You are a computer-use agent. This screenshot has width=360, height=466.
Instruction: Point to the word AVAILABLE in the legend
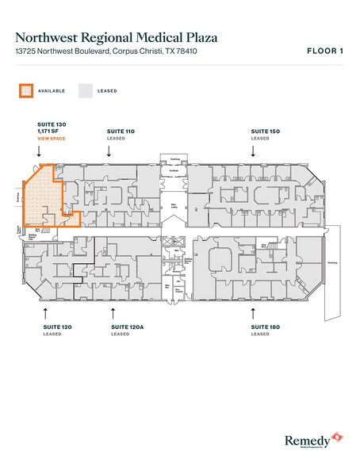52,91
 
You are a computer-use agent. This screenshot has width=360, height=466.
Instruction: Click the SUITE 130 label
53,124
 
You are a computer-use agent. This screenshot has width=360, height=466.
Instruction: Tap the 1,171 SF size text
50,132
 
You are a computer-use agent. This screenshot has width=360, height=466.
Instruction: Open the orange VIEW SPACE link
52,139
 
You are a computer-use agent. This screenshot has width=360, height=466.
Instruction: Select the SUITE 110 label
121,130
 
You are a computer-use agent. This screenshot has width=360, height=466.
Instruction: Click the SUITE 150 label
266,130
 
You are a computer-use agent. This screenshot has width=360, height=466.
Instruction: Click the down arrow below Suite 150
254,151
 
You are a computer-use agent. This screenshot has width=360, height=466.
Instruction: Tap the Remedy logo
312,438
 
